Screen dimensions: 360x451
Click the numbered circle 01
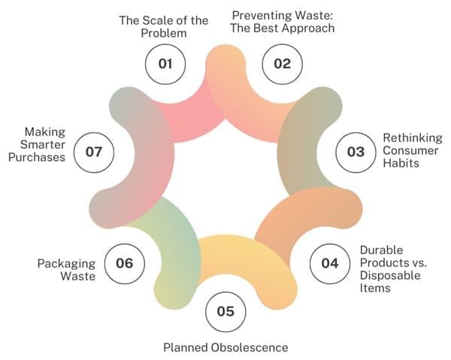tap(165, 63)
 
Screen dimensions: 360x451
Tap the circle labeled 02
tap(282, 63)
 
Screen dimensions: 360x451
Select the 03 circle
tap(355, 152)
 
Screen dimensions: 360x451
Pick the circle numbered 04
tap(330, 263)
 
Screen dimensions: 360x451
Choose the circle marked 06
tap(124, 263)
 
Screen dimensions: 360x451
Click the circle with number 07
tap(93, 152)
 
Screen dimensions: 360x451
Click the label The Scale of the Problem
tap(163, 27)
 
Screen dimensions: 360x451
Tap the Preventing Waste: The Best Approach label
tap(282, 21)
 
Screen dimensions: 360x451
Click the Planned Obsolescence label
tap(225, 347)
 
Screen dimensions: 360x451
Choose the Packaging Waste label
tap(67, 270)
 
